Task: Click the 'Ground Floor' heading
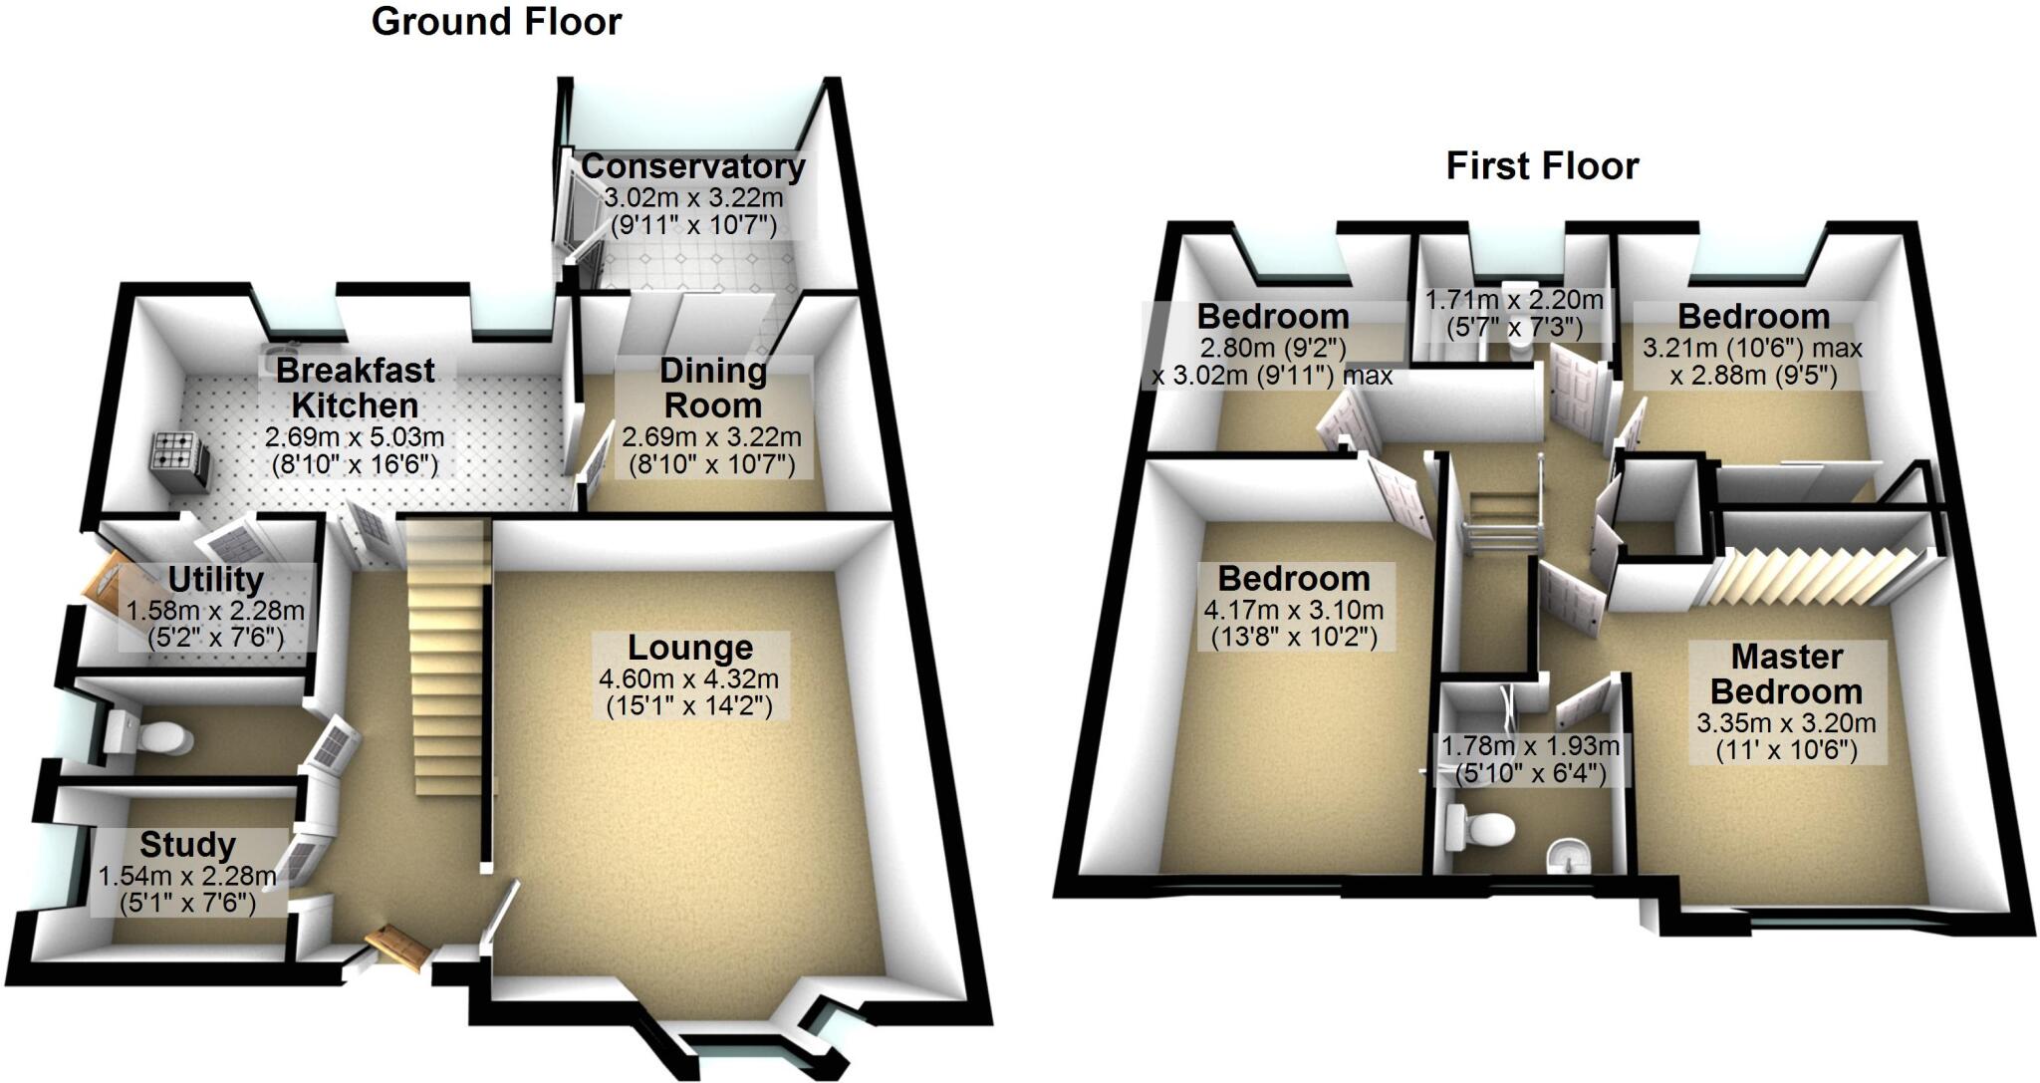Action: (496, 21)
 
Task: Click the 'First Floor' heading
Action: (1542, 166)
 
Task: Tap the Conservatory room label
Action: (693, 166)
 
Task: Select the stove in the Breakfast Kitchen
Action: (179, 461)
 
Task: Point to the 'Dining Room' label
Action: (713, 388)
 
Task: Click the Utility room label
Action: (215, 579)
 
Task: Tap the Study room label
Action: (187, 845)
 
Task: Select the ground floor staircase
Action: (449, 658)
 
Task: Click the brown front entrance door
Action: (397, 946)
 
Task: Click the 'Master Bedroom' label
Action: (1788, 674)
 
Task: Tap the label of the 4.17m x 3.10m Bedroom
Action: (1294, 579)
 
